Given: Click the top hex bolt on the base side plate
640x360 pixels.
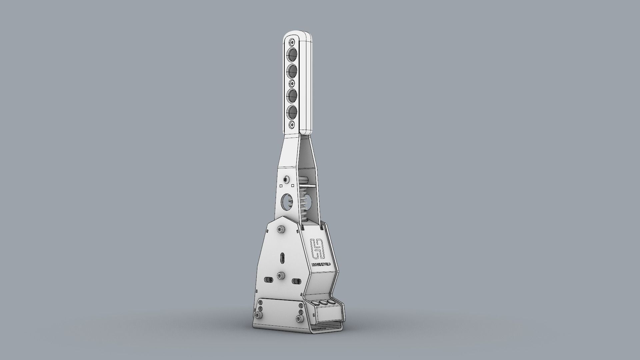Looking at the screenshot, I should point(281,229).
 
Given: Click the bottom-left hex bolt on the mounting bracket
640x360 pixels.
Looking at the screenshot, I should point(259,315).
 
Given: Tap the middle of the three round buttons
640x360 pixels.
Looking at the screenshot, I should point(323,302).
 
